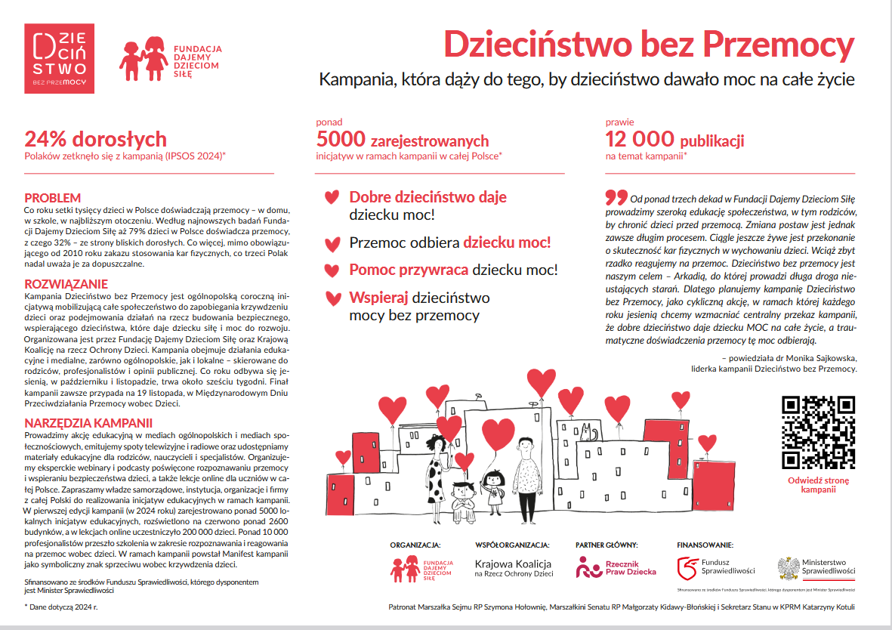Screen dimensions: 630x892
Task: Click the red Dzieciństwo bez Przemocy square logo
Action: [x=60, y=58]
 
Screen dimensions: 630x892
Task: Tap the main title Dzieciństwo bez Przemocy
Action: [x=649, y=45]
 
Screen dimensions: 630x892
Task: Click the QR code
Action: [x=818, y=431]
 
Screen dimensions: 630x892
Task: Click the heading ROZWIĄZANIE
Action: [x=66, y=284]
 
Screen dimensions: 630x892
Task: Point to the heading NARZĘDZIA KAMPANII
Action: [x=88, y=423]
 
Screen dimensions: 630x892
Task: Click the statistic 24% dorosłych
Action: [x=95, y=139]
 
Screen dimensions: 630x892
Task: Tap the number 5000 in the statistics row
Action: [x=341, y=139]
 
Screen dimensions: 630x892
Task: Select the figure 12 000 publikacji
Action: [x=674, y=139]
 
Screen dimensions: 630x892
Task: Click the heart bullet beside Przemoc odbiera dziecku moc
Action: [x=331, y=244]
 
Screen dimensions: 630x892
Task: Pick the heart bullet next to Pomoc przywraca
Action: [x=331, y=270]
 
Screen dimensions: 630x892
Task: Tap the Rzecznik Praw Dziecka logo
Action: [x=616, y=567]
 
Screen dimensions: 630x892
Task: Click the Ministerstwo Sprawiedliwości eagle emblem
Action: [x=789, y=567]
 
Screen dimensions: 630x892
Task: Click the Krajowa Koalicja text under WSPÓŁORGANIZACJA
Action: [x=513, y=564]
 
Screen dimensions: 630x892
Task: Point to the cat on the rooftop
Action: [x=588, y=433]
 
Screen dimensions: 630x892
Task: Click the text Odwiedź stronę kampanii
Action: [x=818, y=485]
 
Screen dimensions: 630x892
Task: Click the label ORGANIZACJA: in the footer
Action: [x=415, y=544]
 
